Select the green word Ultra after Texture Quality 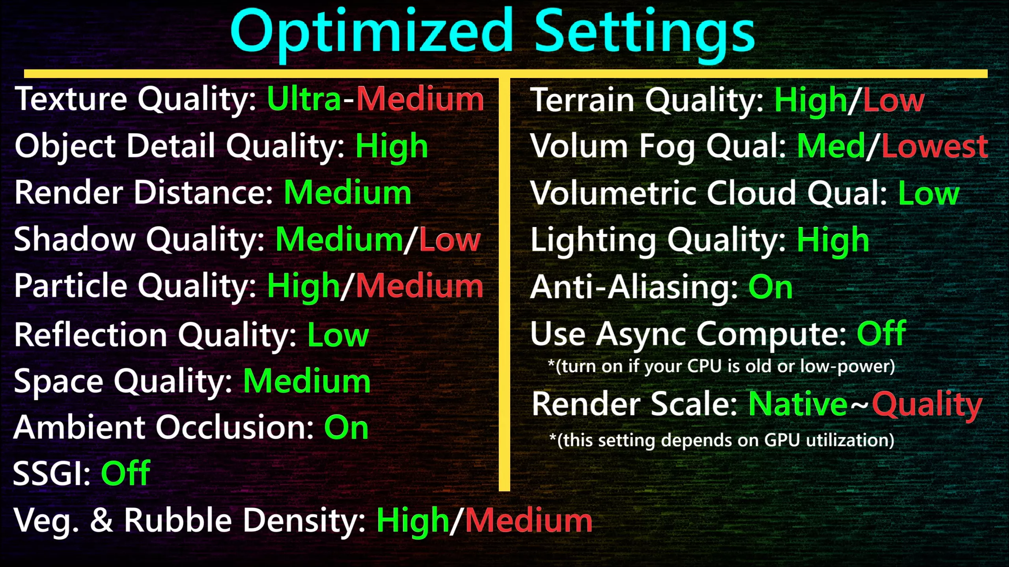point(304,99)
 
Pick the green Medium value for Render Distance point(347,192)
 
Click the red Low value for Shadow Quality point(449,240)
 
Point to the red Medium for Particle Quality point(420,286)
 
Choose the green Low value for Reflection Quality point(338,335)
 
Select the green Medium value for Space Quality point(307,381)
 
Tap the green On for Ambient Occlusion point(346,428)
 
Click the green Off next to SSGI point(125,472)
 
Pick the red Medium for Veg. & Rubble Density point(529,521)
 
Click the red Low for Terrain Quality point(893,100)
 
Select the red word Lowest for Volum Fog point(935,146)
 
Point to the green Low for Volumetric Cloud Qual point(929,193)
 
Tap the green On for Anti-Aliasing point(770,287)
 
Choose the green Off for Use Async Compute point(881,333)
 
